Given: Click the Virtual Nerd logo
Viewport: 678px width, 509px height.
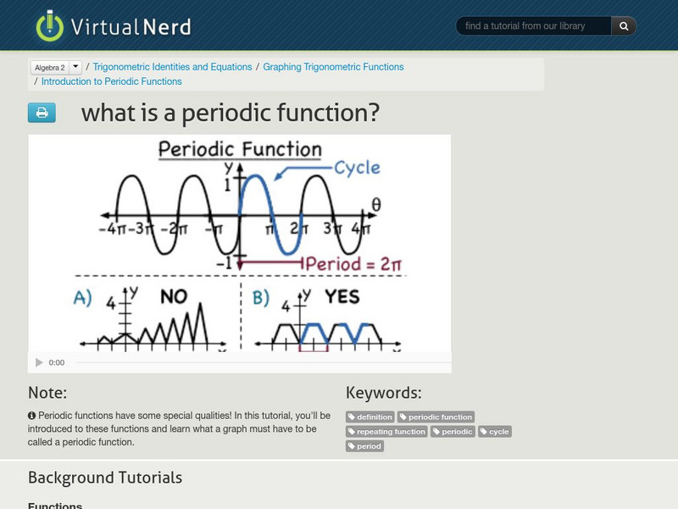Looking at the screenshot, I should pyautogui.click(x=113, y=26).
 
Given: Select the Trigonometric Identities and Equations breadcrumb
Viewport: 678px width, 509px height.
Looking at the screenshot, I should pyautogui.click(x=172, y=67).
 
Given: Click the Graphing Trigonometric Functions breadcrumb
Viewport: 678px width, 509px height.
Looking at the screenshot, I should pyautogui.click(x=333, y=67).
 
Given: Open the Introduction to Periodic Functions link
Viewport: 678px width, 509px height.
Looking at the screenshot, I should pyautogui.click(x=111, y=82).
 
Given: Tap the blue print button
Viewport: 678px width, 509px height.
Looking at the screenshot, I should pyautogui.click(x=42, y=113).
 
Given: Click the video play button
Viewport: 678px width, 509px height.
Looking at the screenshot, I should pyautogui.click(x=39, y=362).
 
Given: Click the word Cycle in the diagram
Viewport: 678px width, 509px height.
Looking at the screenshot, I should pyautogui.click(x=357, y=168).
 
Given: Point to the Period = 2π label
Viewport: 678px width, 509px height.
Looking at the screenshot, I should pyautogui.click(x=353, y=264).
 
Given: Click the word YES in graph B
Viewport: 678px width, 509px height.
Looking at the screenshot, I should pyautogui.click(x=342, y=297).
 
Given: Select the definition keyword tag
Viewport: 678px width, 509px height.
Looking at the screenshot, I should pyautogui.click(x=370, y=417).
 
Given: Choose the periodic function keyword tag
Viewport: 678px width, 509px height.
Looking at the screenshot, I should pyautogui.click(x=436, y=417).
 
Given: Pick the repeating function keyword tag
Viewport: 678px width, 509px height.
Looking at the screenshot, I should pyautogui.click(x=386, y=432).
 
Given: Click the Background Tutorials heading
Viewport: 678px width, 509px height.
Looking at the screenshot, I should pyautogui.click(x=105, y=478).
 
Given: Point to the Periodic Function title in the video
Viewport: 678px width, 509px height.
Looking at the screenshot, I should pyautogui.click(x=240, y=150).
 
